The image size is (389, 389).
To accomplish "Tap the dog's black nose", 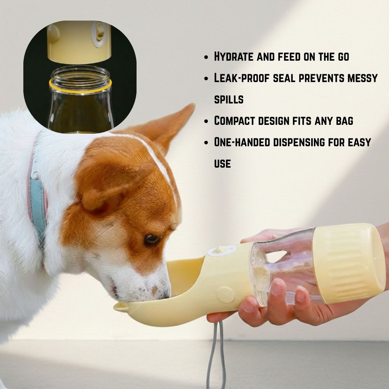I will (166, 293).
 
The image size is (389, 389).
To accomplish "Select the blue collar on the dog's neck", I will (38, 202).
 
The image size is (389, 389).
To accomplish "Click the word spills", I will (229, 100).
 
